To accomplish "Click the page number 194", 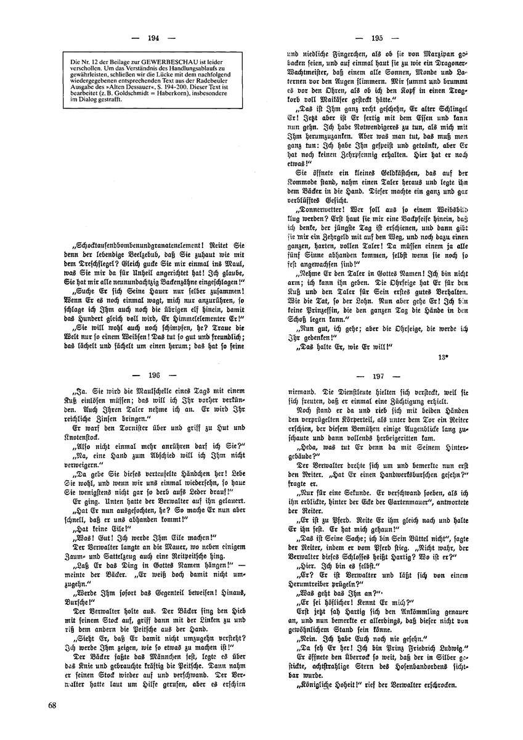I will coord(154,38).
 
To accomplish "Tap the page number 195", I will coord(378,38).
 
